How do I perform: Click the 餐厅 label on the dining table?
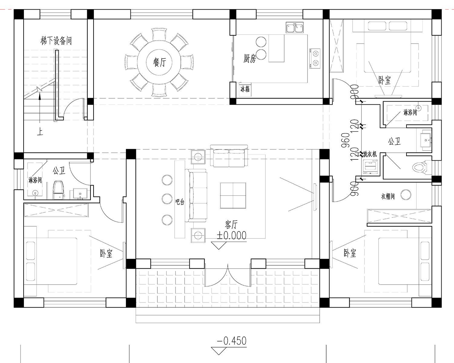[160, 62]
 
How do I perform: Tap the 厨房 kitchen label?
[250, 58]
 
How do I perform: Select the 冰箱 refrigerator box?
[245, 90]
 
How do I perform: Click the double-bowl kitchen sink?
[295, 28]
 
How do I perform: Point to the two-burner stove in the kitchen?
[315, 58]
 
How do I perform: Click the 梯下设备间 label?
[56, 41]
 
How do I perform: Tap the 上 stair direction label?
[40, 132]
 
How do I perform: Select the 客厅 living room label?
[231, 225]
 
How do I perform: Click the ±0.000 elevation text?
[232, 235]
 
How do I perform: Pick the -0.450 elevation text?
[232, 341]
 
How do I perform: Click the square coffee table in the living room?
[233, 195]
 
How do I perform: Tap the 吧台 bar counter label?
[180, 202]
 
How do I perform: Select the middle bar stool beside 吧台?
[167, 198]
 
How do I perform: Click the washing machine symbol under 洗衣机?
[370, 167]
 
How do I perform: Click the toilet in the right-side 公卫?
[420, 168]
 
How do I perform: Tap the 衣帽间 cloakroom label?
[388, 196]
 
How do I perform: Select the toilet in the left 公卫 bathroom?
[58, 190]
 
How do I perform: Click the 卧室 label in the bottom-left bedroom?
[106, 253]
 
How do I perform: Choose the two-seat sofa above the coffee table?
[229, 156]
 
